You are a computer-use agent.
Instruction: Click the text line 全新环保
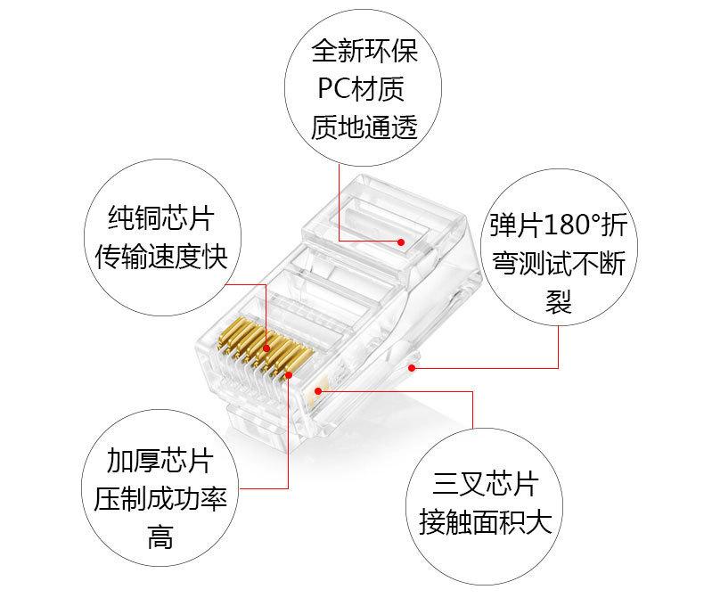pos(364,50)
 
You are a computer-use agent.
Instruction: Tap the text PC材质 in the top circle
pos(364,89)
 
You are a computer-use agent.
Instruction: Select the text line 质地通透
pos(364,128)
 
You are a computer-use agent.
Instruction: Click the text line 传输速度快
pos(161,258)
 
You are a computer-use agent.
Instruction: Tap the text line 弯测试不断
pos(558,264)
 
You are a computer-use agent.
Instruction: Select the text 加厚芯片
pos(160,460)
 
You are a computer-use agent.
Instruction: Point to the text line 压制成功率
pos(160,498)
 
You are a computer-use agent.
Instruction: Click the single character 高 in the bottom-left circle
pos(160,537)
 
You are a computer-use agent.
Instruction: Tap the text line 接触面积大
pos(486,523)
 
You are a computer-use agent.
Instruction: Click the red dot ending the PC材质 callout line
pos(401,242)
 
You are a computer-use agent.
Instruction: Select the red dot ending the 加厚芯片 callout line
pos(289,375)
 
